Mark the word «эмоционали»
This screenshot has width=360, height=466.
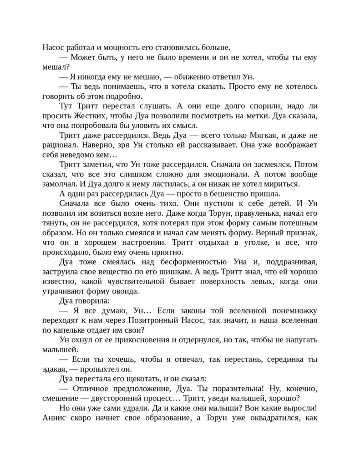(226, 175)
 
